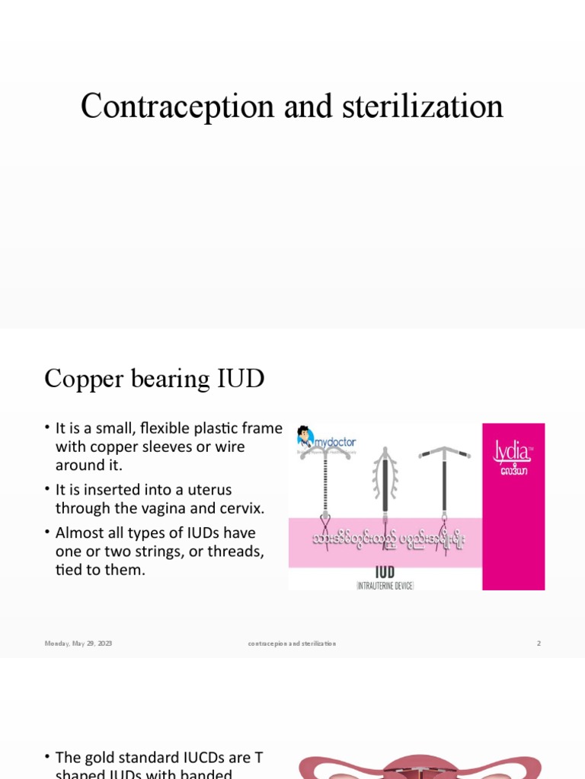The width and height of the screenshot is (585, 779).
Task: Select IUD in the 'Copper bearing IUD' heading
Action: (x=241, y=379)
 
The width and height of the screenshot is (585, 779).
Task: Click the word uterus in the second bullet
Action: (x=206, y=489)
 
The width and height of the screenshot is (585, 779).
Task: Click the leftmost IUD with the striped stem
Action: (x=327, y=494)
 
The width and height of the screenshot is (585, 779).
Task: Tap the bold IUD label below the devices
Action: (x=385, y=571)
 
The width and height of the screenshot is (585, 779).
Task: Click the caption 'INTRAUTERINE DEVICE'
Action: (x=385, y=584)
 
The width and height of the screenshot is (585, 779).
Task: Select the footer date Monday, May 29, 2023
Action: (x=78, y=644)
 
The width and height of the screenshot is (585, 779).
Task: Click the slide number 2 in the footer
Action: (x=539, y=644)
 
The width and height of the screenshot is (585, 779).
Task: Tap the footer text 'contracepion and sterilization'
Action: (x=292, y=644)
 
